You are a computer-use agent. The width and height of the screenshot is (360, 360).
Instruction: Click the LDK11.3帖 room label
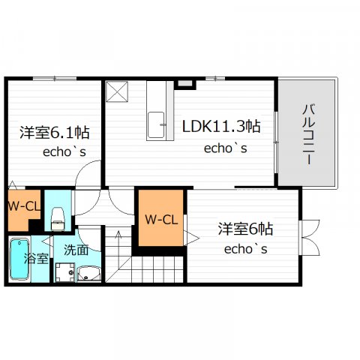(221, 126)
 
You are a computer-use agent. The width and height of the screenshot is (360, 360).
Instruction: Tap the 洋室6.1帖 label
(55, 133)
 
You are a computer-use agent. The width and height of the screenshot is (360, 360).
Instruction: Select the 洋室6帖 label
(245, 229)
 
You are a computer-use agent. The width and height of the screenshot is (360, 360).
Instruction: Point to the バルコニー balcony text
(309, 135)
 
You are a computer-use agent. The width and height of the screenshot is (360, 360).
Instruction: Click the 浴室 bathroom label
(36, 258)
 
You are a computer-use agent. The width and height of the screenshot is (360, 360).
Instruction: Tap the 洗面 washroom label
(76, 250)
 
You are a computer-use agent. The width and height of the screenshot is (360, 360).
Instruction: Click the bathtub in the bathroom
(19, 259)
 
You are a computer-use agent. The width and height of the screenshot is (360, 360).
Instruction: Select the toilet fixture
(58, 218)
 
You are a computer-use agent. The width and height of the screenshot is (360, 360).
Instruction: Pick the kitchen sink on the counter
(156, 124)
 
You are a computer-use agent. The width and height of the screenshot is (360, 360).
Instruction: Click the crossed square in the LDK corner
(117, 91)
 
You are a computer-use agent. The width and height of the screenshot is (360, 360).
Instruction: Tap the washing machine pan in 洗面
(65, 272)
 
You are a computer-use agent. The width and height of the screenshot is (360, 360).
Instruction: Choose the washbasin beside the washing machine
(88, 274)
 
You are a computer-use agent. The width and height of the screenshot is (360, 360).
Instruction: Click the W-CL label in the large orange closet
(161, 220)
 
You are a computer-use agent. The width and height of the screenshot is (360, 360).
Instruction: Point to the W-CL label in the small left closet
(24, 206)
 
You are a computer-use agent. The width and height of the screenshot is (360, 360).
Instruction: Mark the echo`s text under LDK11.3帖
(226, 148)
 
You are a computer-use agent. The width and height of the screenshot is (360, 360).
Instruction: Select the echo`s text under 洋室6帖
(246, 249)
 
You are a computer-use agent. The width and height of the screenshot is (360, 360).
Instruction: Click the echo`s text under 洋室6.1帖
(64, 151)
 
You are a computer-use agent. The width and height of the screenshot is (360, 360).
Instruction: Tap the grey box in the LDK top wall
(185, 83)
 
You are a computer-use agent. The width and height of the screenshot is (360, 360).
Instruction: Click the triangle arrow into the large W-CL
(191, 238)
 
